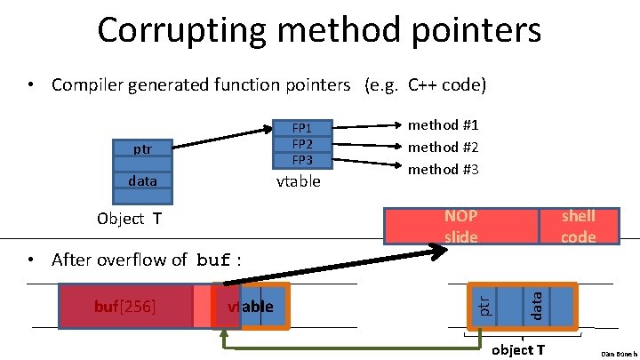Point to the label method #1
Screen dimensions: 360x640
(x=443, y=125)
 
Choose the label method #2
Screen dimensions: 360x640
(x=443, y=147)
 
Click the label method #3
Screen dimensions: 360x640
(x=443, y=168)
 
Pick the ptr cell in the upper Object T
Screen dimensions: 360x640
(x=141, y=148)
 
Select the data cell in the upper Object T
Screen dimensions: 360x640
(x=141, y=181)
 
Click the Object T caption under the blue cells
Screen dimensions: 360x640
(x=129, y=219)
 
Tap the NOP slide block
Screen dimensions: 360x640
(x=460, y=226)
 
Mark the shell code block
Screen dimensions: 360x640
(x=578, y=226)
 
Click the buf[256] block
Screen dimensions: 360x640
(x=125, y=307)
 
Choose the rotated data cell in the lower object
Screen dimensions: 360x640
(x=537, y=306)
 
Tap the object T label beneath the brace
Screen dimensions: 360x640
(x=518, y=349)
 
